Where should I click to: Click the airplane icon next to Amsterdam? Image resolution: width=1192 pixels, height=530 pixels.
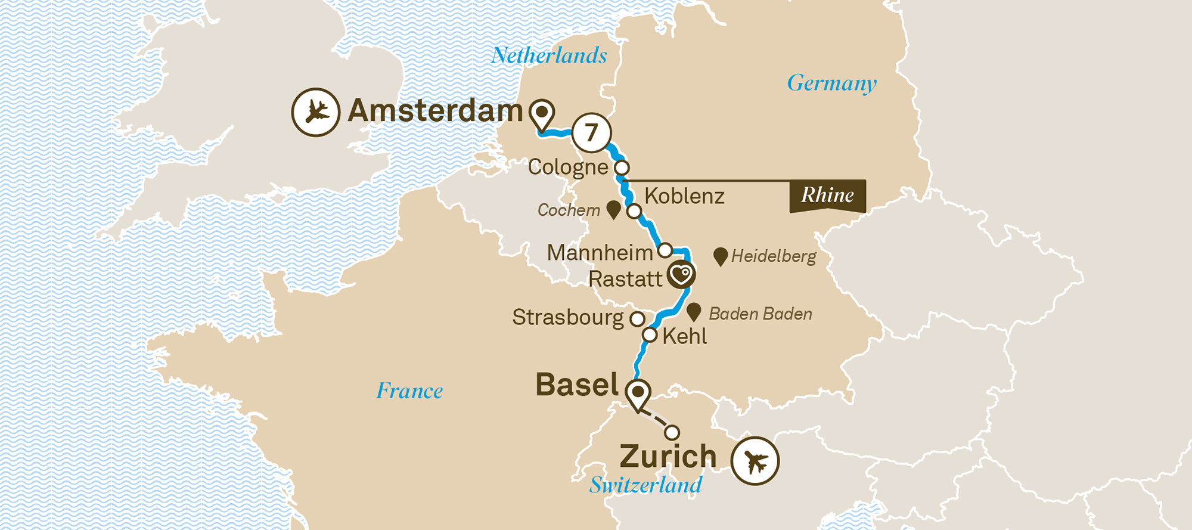(x=315, y=112)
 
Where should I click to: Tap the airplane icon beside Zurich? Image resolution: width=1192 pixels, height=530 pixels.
(x=755, y=461)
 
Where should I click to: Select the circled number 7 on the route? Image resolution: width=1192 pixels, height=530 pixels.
(x=591, y=132)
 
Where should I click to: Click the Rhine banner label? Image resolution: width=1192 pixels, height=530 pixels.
(x=827, y=196)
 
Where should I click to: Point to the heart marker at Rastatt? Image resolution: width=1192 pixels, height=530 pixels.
(x=681, y=275)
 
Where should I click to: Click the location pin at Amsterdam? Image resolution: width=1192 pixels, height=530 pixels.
(x=542, y=113)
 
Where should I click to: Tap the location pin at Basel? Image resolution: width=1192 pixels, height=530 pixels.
(x=638, y=393)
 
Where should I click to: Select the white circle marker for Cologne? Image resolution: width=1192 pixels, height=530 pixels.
(x=622, y=168)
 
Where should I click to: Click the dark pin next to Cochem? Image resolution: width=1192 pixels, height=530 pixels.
(x=613, y=209)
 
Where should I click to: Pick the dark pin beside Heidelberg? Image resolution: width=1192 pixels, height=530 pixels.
(x=720, y=256)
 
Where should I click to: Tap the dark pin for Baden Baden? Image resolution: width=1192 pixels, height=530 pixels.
(x=693, y=312)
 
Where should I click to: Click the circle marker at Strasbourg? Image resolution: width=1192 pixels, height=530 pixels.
(x=637, y=319)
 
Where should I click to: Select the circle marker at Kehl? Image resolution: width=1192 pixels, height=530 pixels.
(x=650, y=336)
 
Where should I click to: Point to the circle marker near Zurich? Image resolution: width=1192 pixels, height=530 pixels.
(x=672, y=432)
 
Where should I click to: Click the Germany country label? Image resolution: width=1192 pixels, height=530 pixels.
(x=831, y=83)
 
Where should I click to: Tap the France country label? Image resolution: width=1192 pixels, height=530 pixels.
(x=409, y=391)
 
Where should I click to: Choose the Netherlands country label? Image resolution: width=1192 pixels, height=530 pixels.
(x=549, y=56)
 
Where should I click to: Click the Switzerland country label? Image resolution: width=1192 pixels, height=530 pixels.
(x=645, y=485)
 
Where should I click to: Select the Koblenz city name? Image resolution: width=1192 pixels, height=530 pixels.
(x=684, y=196)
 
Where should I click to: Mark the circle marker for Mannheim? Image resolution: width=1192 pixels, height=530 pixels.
(x=665, y=250)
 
